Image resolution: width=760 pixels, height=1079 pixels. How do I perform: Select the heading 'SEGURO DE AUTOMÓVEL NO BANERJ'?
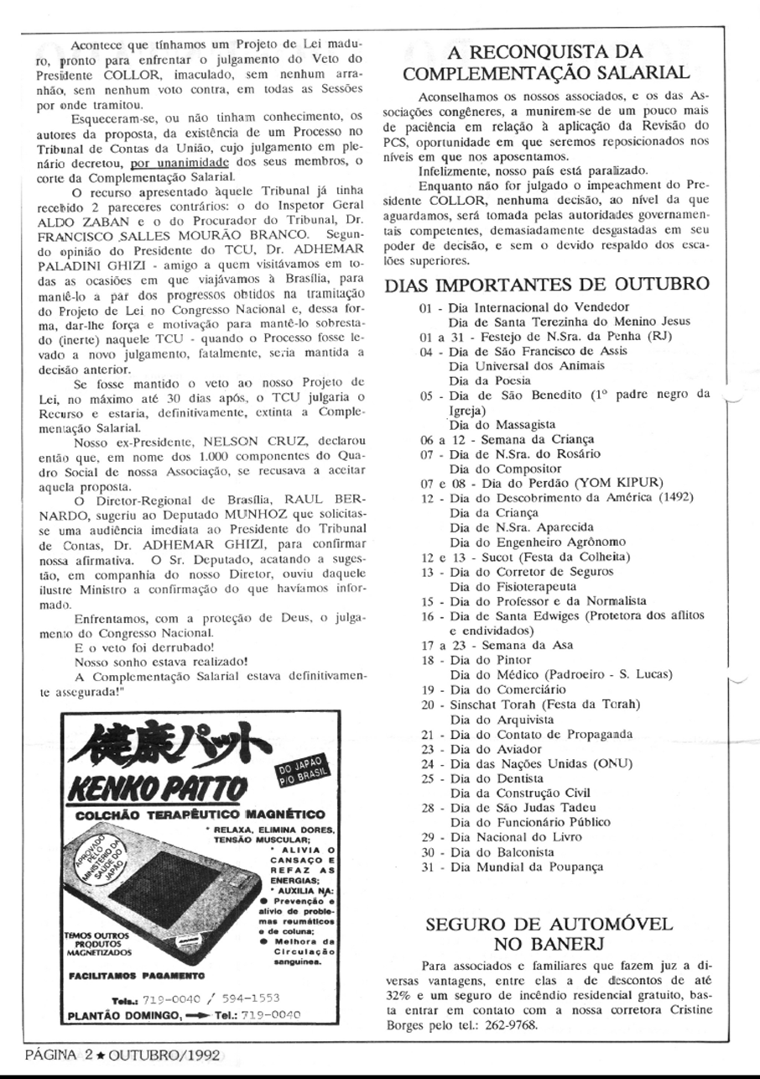549,935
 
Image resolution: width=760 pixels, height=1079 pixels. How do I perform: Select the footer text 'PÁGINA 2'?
47,1055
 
